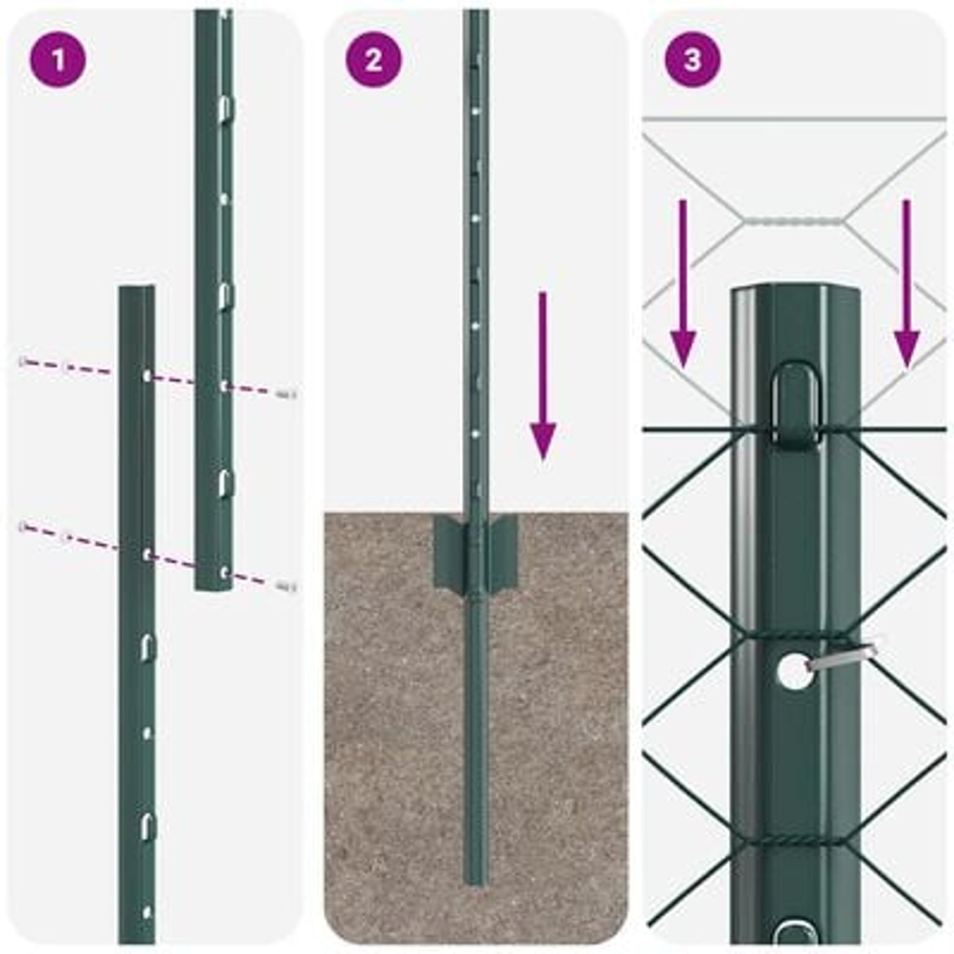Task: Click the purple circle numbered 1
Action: point(58,60)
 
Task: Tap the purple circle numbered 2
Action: point(374,60)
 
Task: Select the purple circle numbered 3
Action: point(692,60)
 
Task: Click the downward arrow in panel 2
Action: point(543,376)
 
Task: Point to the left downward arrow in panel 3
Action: point(683,286)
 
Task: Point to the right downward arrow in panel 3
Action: point(906,286)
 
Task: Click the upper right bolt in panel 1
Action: point(287,393)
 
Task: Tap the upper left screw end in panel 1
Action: point(24,361)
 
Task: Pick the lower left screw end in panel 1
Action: point(24,526)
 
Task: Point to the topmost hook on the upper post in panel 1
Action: point(225,107)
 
